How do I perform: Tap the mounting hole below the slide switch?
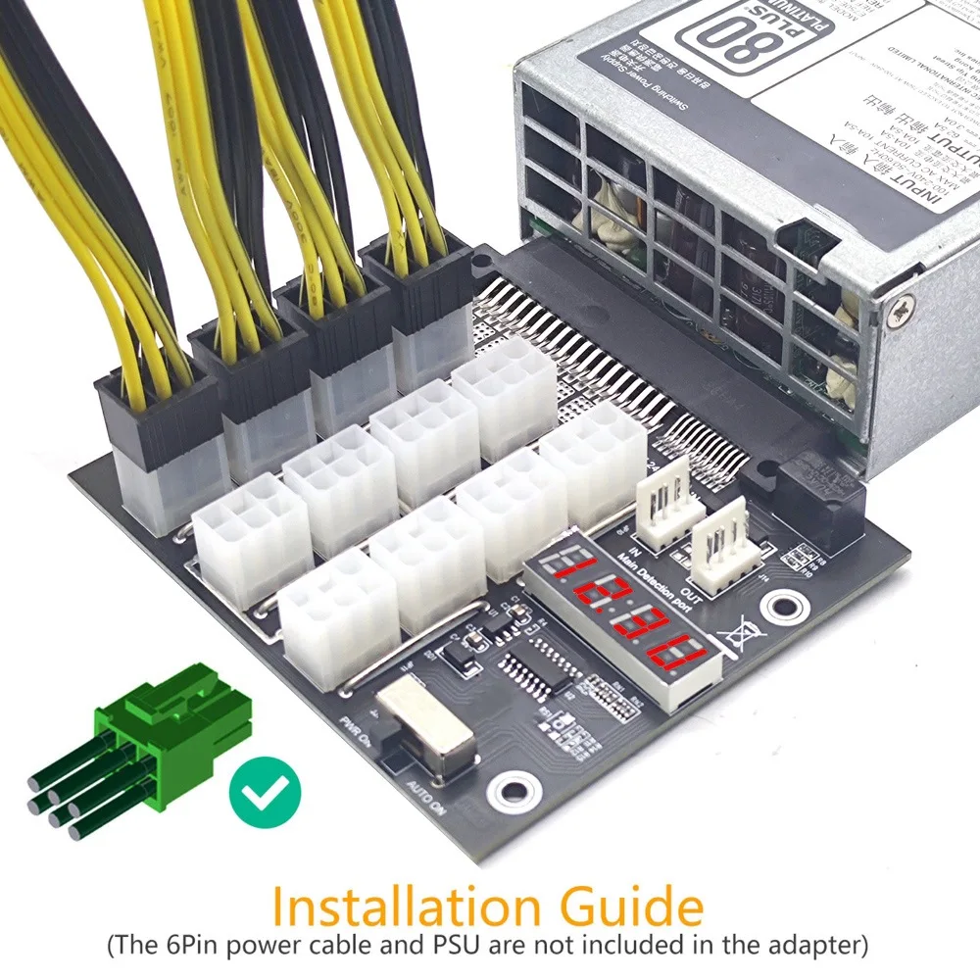515,790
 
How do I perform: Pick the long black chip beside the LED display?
538,671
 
